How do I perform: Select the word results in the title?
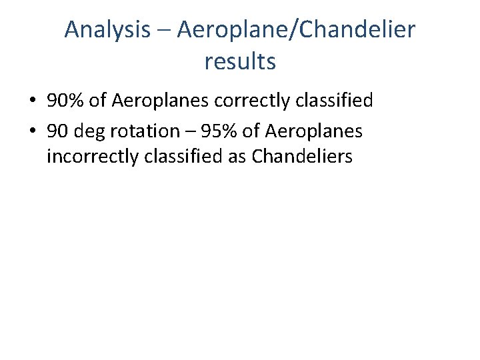[240, 61]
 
